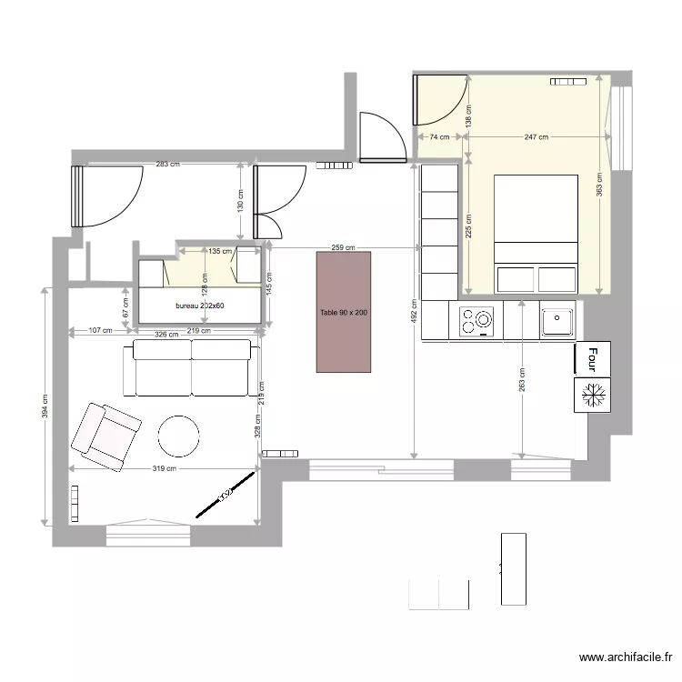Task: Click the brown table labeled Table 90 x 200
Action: [344, 312]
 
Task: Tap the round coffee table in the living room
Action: [178, 436]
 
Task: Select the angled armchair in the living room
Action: [106, 436]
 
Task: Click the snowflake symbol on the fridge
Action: [595, 395]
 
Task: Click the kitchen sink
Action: [555, 321]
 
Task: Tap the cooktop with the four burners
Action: [476, 320]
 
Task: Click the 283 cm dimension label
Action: [167, 165]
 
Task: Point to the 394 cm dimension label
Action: [45, 405]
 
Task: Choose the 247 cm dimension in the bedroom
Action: [537, 137]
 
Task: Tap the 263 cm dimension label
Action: [521, 379]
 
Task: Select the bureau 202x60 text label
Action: [200, 306]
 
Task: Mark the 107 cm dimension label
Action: [101, 331]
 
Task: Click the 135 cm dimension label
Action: [220, 251]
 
